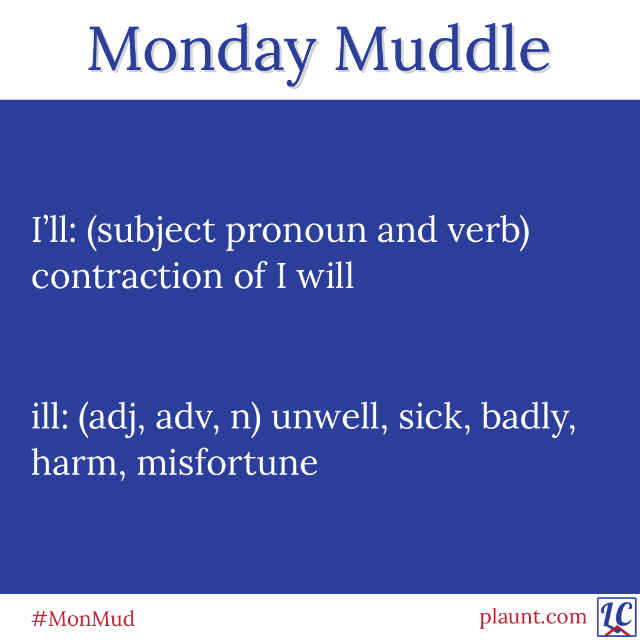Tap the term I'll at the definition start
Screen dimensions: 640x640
point(53,229)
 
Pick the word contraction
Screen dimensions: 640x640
point(127,276)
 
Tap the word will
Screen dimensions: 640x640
point(325,274)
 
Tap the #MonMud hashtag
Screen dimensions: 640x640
point(83,618)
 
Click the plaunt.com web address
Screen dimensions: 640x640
point(533,617)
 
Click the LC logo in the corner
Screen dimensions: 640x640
point(617,617)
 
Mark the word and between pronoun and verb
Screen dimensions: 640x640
point(407,229)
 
